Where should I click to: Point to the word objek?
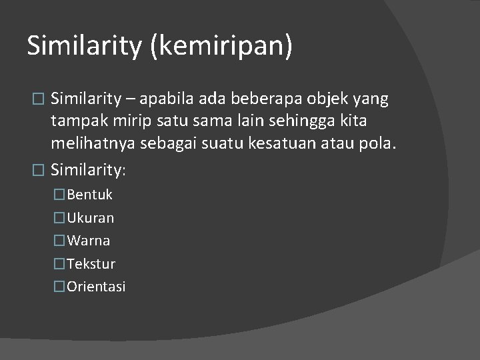tap(332, 99)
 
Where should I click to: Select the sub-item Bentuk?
tap(89, 195)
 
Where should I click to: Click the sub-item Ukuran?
tap(90, 218)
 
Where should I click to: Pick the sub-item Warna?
tap(88, 241)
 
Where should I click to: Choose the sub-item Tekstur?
tap(91, 264)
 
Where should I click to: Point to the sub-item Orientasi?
tap(96, 287)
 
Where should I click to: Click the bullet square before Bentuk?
tap(60, 195)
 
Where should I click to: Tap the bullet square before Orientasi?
tap(60, 287)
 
